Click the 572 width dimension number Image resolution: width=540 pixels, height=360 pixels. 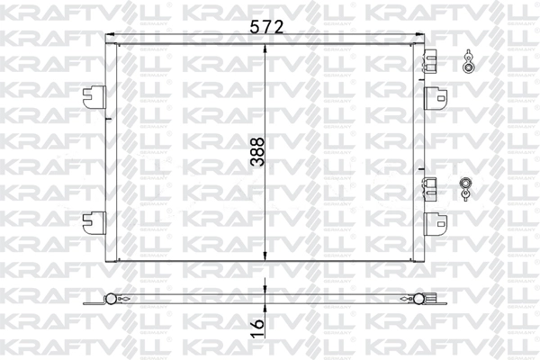(x=267, y=28)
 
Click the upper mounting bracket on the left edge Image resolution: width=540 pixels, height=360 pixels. (x=94, y=93)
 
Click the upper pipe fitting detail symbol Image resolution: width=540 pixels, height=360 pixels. (x=467, y=60)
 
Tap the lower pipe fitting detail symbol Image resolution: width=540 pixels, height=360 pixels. (x=467, y=185)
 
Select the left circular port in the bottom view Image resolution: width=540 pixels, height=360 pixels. (x=111, y=300)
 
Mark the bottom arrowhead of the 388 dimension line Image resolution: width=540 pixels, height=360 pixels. (x=265, y=258)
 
